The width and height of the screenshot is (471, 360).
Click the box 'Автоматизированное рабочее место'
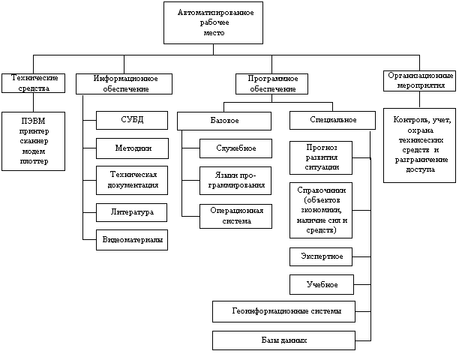pos(213,22)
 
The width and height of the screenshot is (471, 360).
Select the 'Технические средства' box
pos(33,83)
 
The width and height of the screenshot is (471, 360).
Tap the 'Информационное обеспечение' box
pos(124,84)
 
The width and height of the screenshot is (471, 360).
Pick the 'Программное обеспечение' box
pos(271,84)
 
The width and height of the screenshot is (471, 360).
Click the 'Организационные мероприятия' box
pos(420,81)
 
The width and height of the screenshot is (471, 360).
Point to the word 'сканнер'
pos(34,141)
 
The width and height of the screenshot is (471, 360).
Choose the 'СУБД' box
pos(132,121)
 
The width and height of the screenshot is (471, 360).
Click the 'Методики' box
pos(132,148)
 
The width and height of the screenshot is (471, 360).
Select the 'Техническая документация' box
pos(132,180)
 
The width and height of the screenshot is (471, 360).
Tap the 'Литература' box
pos(131,213)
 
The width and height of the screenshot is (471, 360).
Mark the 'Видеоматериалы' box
pos(132,240)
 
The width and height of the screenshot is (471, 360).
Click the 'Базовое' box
pos(224,121)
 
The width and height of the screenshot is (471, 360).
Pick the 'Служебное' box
pos(235,148)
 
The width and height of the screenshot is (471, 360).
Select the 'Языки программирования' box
pos(235,181)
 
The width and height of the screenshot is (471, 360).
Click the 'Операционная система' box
pos(235,216)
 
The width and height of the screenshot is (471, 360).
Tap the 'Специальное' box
pos(332,121)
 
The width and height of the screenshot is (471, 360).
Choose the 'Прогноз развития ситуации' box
pos(321,157)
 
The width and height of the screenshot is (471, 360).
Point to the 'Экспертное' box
pos(321,257)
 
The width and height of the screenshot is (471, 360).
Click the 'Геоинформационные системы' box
pos(283,311)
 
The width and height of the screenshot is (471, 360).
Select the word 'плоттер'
pos(34,161)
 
